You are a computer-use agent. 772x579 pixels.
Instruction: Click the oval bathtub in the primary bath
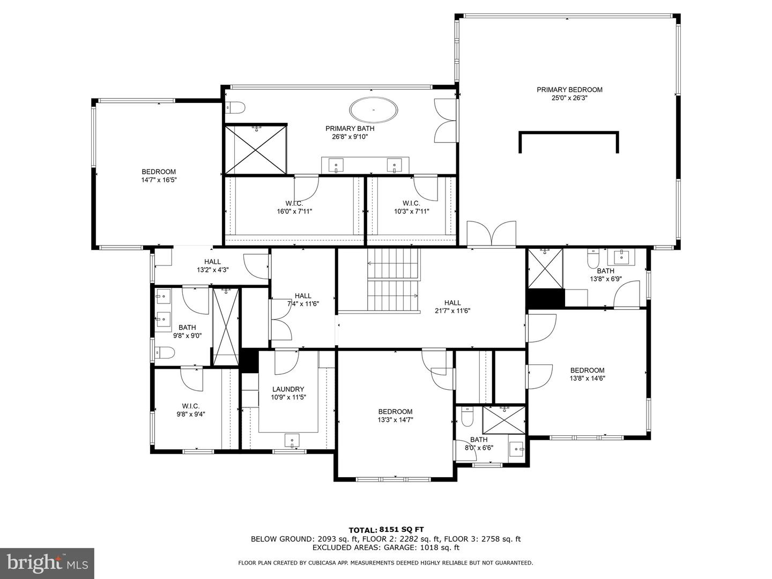(x=374, y=110)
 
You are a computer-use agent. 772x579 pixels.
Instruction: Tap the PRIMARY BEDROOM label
(x=569, y=90)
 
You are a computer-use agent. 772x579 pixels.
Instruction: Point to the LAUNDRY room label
(x=288, y=389)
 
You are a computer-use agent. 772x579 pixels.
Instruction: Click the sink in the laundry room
(x=292, y=440)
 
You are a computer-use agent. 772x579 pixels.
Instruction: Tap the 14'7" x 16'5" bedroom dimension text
(x=159, y=180)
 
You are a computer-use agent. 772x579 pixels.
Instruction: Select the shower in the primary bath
(x=256, y=150)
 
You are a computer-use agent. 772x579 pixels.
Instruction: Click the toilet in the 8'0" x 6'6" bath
(x=466, y=417)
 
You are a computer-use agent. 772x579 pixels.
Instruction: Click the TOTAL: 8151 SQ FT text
(x=390, y=530)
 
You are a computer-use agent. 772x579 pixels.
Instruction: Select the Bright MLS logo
(x=47, y=563)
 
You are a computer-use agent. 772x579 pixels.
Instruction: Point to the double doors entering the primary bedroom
(x=491, y=234)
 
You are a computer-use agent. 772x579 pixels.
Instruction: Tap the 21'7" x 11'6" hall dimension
(x=452, y=310)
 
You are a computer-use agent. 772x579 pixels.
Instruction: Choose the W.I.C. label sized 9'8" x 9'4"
(x=190, y=406)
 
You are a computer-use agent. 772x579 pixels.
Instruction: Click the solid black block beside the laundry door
(x=249, y=360)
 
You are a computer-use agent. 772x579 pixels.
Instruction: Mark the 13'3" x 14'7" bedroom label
(x=395, y=412)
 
